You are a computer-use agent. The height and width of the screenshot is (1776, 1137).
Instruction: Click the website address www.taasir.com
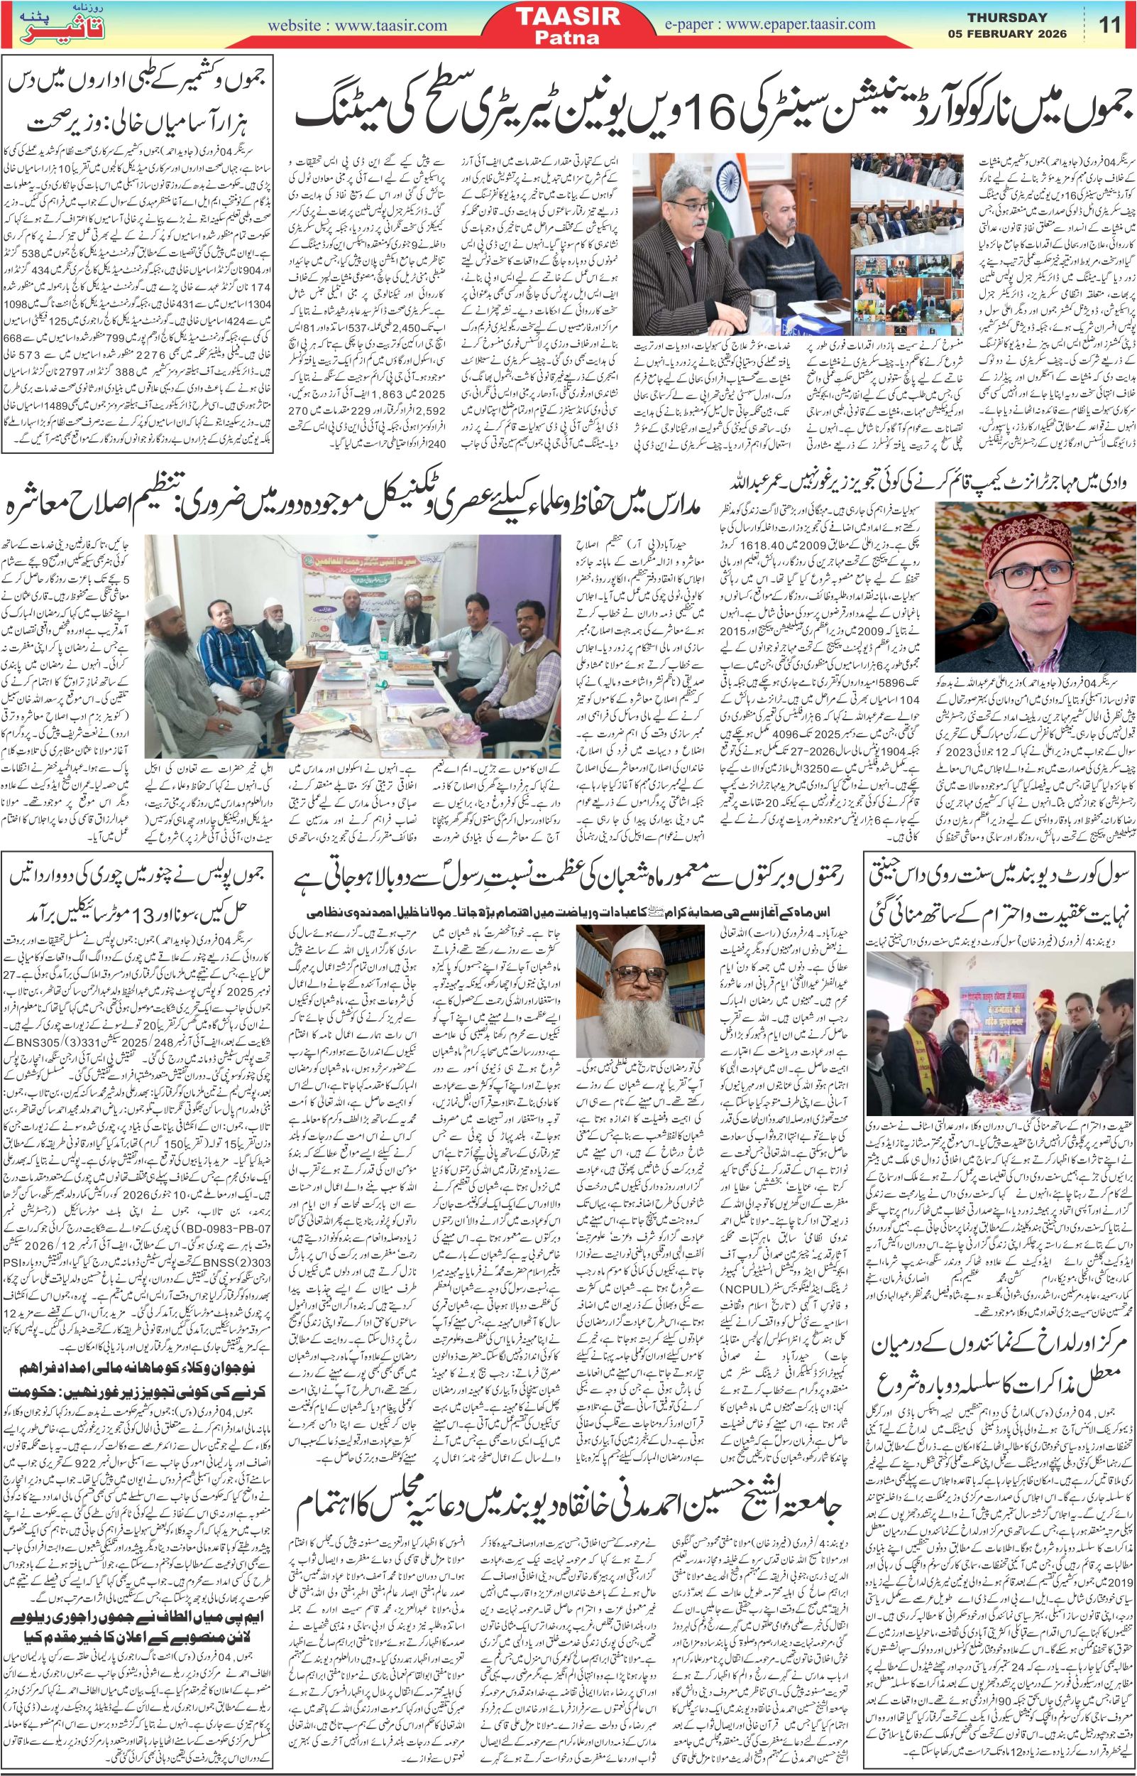[x=358, y=24]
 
